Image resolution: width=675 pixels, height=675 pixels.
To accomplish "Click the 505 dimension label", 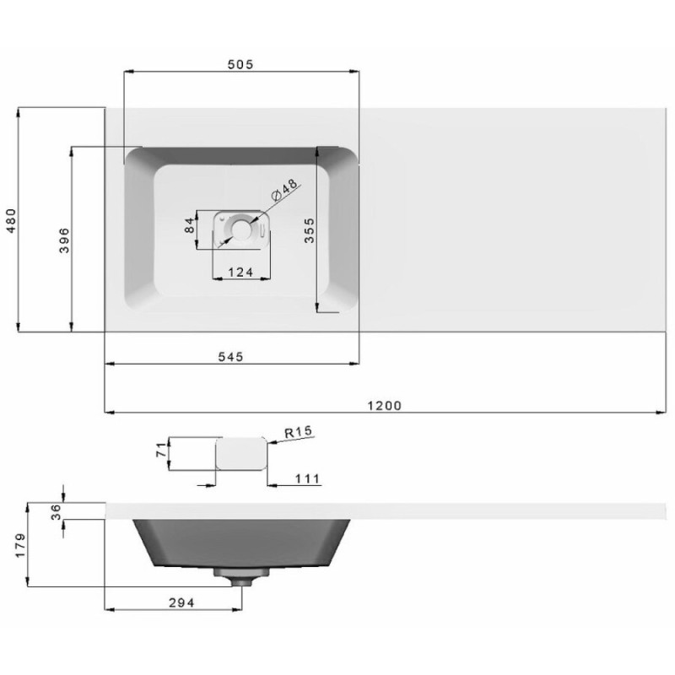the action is tap(240, 65).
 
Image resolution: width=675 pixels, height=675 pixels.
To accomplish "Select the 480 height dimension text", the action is tap(11, 220).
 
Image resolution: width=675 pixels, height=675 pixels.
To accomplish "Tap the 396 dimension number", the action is tap(64, 240).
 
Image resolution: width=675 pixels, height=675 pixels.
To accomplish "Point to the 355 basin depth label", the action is tap(309, 230).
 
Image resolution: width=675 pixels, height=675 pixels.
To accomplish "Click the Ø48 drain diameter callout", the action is tap(284, 191).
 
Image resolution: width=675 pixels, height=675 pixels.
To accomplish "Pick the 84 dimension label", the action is tap(189, 225).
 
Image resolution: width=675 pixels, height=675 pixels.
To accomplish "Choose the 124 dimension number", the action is tap(240, 272).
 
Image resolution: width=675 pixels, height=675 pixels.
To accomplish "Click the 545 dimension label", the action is tap(230, 356).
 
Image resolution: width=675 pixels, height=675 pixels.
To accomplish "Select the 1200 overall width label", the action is tap(385, 406).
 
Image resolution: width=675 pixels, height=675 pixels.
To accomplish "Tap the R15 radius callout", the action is tap(299, 432).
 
